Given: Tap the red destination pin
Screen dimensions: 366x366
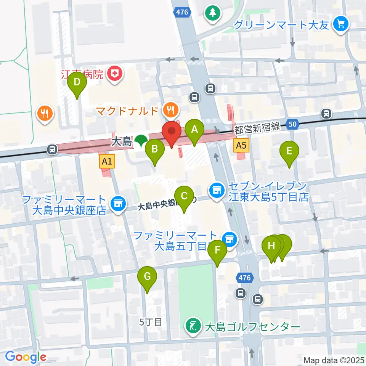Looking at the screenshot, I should [x=171, y=132].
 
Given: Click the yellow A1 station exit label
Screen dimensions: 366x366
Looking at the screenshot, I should [x=107, y=162].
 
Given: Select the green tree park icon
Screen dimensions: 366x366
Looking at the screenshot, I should [x=213, y=13].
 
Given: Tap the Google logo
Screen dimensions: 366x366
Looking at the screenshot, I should [x=26, y=357].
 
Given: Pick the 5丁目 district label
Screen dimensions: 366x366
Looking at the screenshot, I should [x=151, y=322].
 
